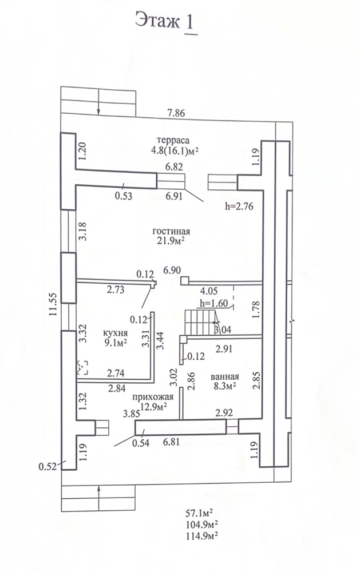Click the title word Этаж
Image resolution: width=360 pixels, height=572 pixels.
157,21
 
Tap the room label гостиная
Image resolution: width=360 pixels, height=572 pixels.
171,232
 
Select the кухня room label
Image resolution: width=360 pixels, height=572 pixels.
115,333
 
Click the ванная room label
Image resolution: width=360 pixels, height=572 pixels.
225,377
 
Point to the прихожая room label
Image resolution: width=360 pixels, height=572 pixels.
153,397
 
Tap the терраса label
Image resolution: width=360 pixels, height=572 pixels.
173,140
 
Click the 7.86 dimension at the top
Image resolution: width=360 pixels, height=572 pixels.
176,113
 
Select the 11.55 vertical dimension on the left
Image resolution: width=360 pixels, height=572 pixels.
53,304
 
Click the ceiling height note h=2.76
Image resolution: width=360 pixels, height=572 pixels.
239,206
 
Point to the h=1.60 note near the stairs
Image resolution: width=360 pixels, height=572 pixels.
213,304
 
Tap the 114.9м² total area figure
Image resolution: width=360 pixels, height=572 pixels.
202,536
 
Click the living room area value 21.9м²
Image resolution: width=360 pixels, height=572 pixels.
171,241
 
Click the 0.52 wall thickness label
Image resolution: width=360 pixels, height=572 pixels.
48,467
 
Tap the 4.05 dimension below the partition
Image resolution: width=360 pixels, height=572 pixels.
209,291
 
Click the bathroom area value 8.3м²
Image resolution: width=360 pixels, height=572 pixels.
224,386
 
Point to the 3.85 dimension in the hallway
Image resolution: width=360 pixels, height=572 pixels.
132,414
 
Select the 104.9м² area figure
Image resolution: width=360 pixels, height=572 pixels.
202,525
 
